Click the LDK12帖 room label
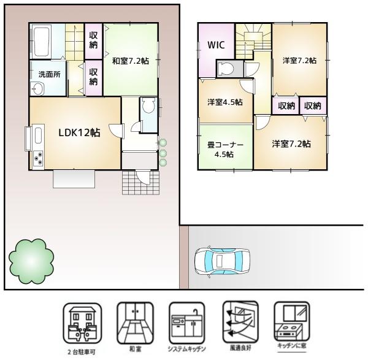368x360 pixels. click(79, 133)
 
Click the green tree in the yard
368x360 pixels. click(29, 258)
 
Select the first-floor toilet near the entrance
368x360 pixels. click(148, 108)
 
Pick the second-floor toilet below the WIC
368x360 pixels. click(225, 67)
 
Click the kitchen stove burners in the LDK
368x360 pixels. click(38, 158)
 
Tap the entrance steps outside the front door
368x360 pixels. click(139, 182)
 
